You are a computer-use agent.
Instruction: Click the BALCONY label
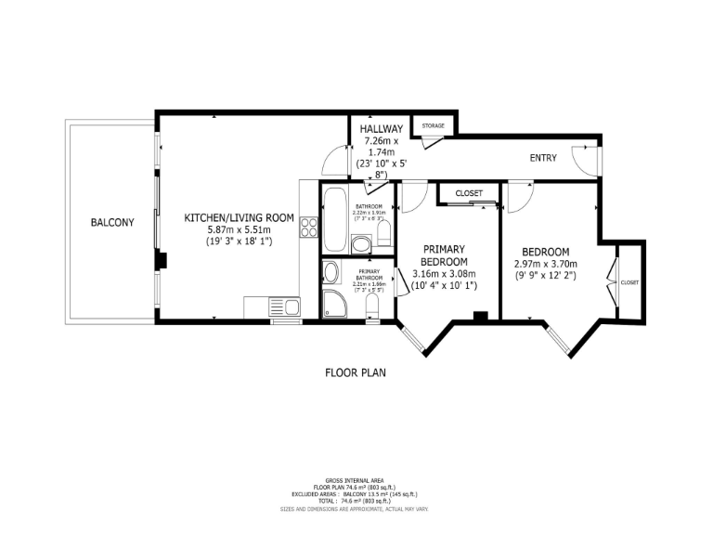coord(112,223)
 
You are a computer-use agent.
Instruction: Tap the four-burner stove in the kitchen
coord(309,225)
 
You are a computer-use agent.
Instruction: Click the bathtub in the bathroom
coord(336,218)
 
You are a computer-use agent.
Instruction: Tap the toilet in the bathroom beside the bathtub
coord(384,240)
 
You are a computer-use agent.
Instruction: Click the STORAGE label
coord(434,125)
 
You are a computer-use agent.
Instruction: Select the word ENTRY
coord(543,158)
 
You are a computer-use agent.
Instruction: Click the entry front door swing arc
coord(585,160)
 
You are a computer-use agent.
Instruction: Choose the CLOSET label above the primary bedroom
coord(469,193)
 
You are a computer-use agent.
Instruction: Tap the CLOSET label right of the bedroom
coord(629,282)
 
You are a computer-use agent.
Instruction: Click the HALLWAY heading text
coord(382,129)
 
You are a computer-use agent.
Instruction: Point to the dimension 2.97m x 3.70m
coord(545,264)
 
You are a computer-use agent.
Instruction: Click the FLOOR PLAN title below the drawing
coord(355,373)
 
